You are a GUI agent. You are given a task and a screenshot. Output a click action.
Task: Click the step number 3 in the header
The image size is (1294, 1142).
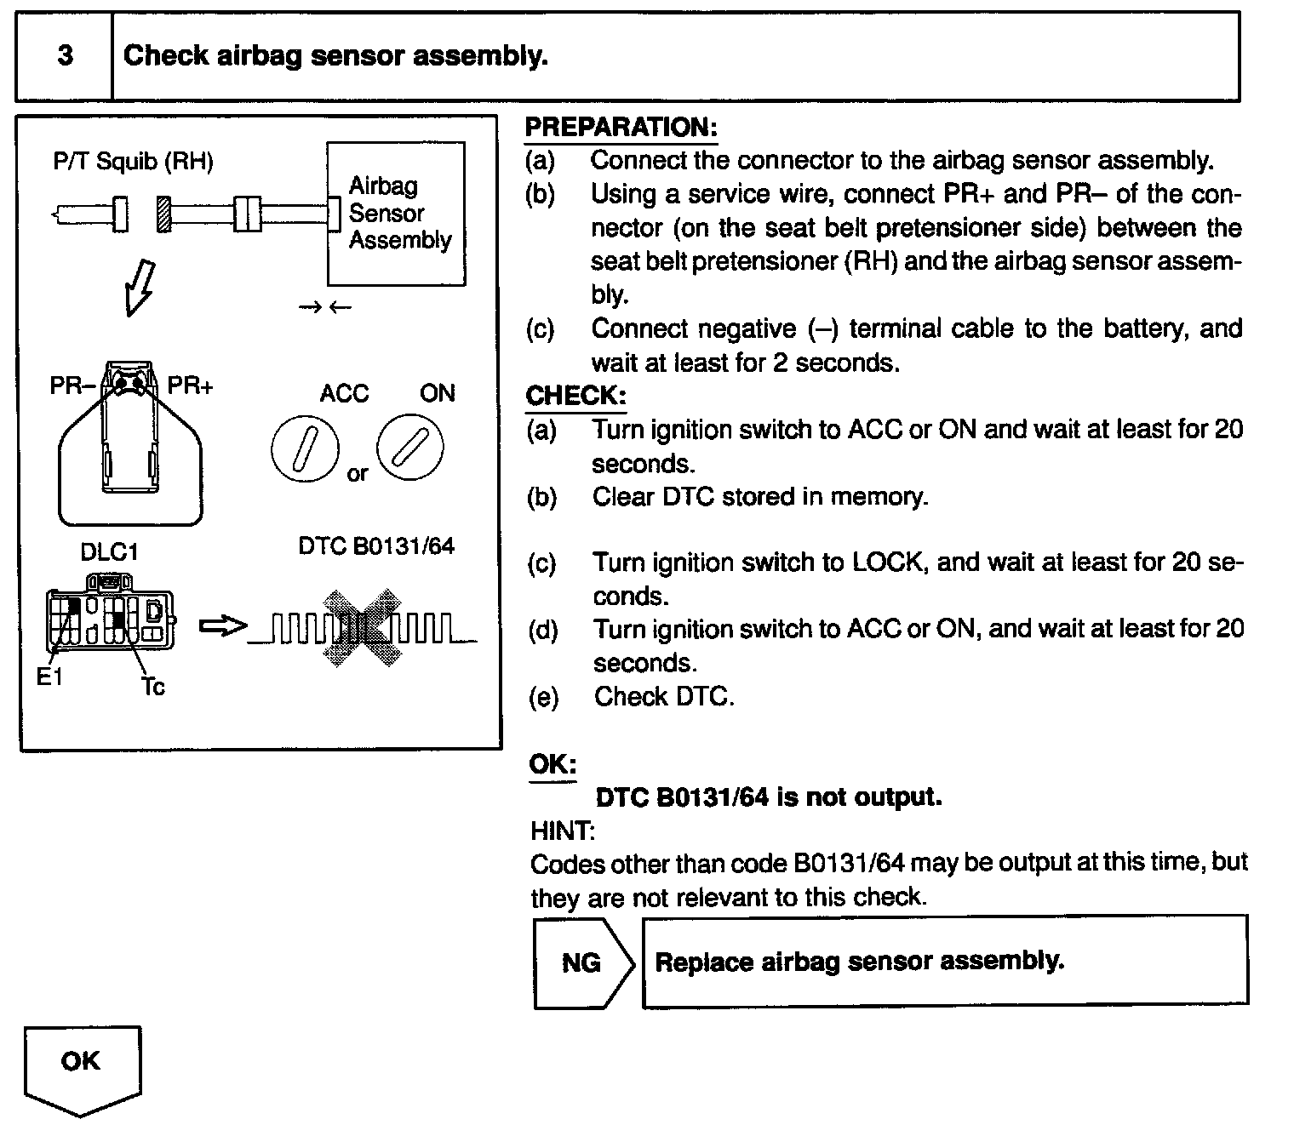(65, 56)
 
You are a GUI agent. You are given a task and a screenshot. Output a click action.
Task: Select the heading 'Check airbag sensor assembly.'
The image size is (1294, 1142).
(335, 56)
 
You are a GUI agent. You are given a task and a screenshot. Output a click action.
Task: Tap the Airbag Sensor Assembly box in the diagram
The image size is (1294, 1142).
(397, 214)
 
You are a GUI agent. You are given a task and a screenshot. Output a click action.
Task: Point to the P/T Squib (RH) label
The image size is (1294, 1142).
(134, 161)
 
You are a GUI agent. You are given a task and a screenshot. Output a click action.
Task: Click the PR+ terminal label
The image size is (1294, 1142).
(191, 385)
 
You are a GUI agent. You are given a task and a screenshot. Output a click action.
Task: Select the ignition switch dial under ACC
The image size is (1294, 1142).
(305, 448)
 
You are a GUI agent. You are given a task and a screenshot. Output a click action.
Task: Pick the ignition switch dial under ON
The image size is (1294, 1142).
(410, 448)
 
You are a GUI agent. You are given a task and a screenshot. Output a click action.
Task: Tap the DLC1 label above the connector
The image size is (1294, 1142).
(109, 552)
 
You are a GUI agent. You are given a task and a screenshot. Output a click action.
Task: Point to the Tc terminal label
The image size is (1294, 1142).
(153, 686)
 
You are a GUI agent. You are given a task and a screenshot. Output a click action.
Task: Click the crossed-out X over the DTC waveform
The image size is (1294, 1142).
(362, 627)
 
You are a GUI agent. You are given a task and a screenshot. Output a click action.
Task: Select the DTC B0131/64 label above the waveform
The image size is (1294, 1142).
(376, 545)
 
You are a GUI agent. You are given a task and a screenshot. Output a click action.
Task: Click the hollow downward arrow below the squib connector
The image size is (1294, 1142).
(140, 287)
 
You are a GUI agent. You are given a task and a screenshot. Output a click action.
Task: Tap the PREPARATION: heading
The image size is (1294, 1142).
(621, 128)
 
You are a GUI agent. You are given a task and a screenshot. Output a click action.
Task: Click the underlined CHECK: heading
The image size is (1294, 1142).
(575, 396)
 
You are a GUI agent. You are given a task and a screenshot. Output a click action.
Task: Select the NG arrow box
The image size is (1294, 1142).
(583, 962)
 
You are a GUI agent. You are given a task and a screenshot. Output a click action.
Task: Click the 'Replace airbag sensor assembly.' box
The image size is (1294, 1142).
(945, 962)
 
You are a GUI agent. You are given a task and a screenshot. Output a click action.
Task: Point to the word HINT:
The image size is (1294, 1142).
(563, 830)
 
